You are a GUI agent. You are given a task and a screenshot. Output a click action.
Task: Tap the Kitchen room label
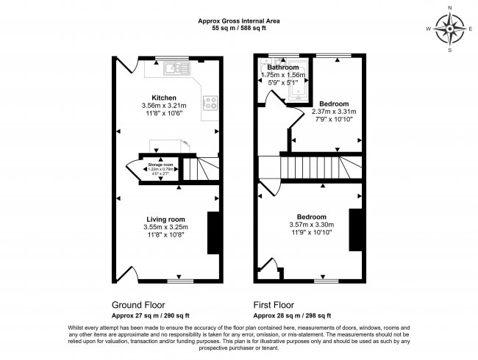pyautogui.click(x=164, y=98)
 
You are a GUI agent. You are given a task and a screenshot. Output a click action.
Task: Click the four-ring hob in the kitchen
pyautogui.click(x=210, y=104)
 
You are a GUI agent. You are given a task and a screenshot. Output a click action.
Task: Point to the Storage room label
pyautogui.click(x=160, y=165)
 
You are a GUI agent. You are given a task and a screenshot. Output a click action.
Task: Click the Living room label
pyautogui.click(x=165, y=219)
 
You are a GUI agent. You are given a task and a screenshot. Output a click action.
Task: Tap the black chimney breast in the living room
pyautogui.click(x=213, y=233)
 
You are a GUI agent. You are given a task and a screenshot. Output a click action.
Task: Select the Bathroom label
pyautogui.click(x=282, y=68)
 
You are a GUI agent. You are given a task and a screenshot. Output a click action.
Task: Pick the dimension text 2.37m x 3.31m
pyautogui.click(x=333, y=112)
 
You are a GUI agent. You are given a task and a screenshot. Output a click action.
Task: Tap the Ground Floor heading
pyautogui.click(x=138, y=303)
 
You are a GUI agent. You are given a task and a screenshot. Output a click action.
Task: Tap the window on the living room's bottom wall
pyautogui.click(x=180, y=280)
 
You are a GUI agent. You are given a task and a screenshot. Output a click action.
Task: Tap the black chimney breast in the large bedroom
pyautogui.click(x=354, y=232)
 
